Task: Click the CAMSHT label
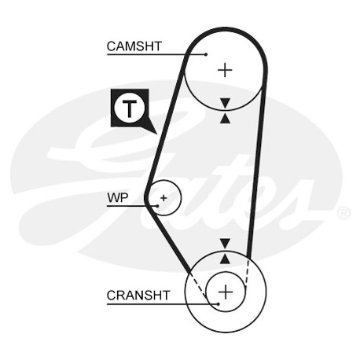tap(134, 46)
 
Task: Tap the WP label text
tap(118, 198)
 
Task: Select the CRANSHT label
tap(138, 296)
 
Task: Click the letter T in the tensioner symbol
tap(130, 108)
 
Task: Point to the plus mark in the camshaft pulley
tap(225, 70)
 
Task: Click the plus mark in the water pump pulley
tap(163, 198)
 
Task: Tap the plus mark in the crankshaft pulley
tap(226, 292)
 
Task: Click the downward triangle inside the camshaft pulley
tap(225, 103)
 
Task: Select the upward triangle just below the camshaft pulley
tap(225, 119)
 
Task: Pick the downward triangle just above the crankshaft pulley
tap(225, 243)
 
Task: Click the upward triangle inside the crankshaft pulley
tap(225, 259)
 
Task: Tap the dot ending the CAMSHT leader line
tap(206, 54)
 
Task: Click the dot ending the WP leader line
tap(157, 206)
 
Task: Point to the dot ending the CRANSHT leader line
tap(218, 304)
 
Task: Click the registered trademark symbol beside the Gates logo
tap(343, 213)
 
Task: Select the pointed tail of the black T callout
tap(157, 134)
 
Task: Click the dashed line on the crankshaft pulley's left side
tap(199, 286)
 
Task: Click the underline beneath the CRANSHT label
tap(163, 304)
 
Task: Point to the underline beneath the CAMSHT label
tap(156, 54)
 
